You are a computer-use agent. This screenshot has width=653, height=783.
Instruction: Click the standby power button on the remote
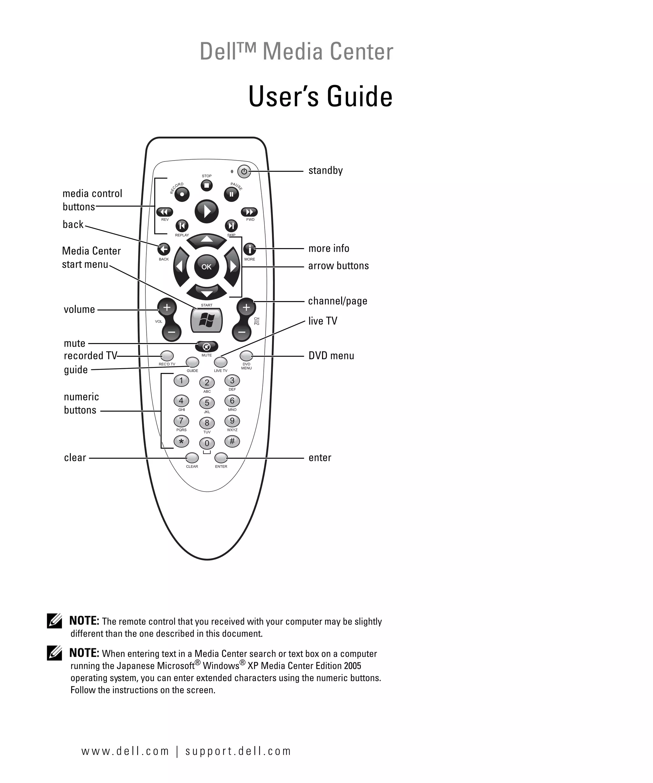(x=244, y=171)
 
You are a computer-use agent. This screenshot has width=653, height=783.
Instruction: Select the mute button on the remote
(x=206, y=346)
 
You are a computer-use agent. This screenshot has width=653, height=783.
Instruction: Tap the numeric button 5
(x=207, y=403)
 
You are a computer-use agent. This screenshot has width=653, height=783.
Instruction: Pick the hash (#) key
(x=232, y=441)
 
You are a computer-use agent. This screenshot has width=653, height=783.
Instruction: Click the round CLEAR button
(x=192, y=457)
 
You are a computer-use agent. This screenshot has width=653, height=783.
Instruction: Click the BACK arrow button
(x=164, y=249)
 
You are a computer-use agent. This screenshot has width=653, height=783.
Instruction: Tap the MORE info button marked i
(x=250, y=249)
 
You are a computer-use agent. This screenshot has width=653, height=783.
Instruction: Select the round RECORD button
(x=182, y=194)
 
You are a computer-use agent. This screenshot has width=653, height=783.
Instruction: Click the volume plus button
(x=167, y=307)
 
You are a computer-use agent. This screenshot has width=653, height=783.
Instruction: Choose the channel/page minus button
(x=242, y=332)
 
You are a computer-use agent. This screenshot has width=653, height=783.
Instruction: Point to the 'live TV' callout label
(x=322, y=321)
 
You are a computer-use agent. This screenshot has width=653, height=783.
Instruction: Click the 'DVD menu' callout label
(x=331, y=356)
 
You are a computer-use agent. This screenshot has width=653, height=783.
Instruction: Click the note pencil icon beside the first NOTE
(x=55, y=621)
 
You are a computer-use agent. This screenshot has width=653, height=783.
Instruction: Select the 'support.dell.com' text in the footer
(x=238, y=751)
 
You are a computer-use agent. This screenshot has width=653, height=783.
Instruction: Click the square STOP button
(x=207, y=185)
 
